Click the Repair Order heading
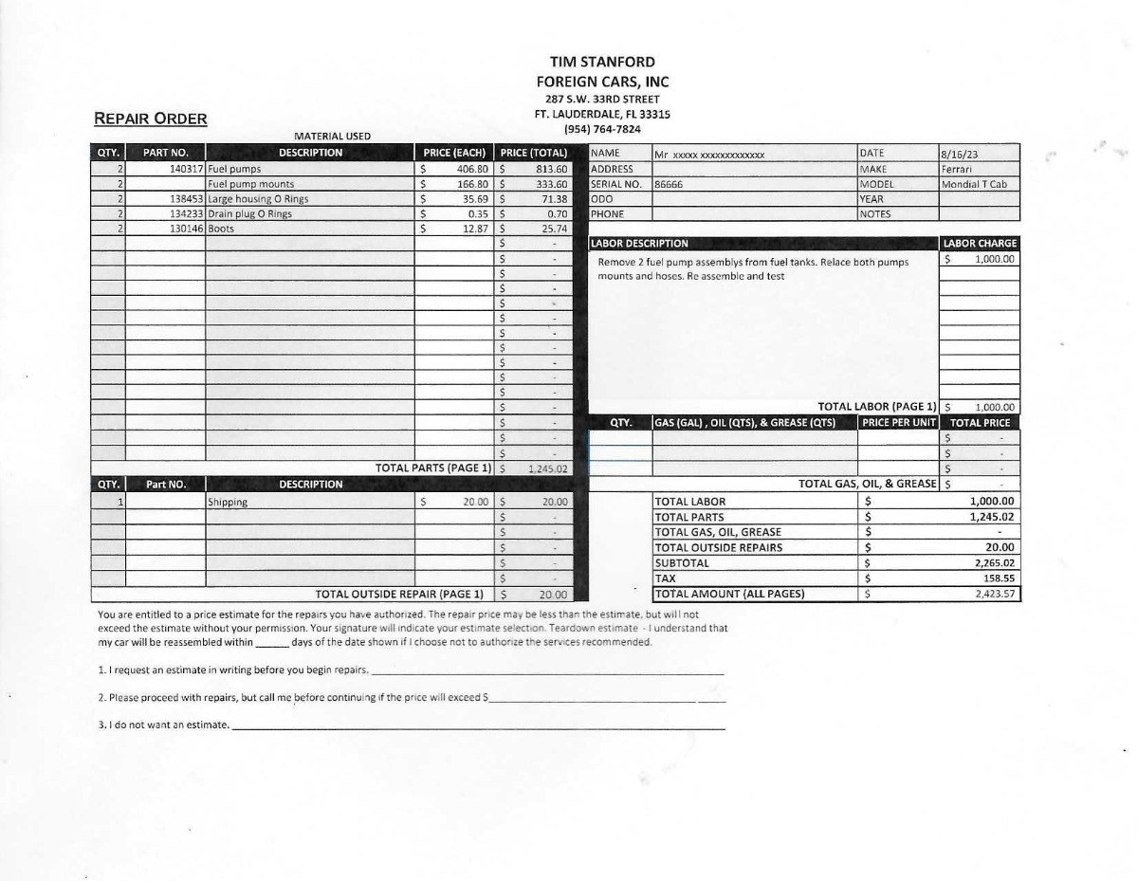151,119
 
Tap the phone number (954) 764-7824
602,129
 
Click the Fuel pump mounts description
250,184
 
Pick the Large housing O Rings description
258,199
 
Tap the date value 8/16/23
959,154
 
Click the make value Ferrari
957,169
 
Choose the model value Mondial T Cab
974,184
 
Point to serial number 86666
669,184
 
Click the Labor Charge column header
980,244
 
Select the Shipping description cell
228,503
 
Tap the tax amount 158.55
999,578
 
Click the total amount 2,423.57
995,595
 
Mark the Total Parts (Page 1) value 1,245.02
547,468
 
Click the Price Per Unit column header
898,423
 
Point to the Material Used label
333,137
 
